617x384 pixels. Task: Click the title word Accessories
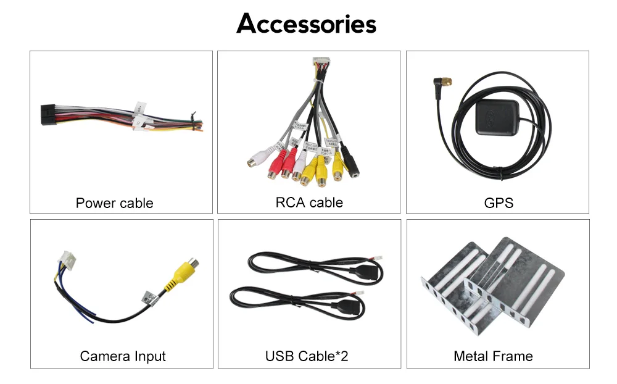(x=306, y=24)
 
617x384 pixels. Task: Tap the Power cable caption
(x=114, y=203)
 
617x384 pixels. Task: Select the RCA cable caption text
(x=309, y=202)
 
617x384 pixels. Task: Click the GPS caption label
(x=499, y=203)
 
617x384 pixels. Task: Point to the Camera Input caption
(x=123, y=356)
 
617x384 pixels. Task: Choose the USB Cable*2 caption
(x=307, y=356)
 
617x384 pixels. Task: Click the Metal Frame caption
(x=493, y=356)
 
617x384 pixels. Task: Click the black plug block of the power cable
(x=50, y=115)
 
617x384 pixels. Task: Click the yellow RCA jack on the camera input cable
(x=184, y=272)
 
